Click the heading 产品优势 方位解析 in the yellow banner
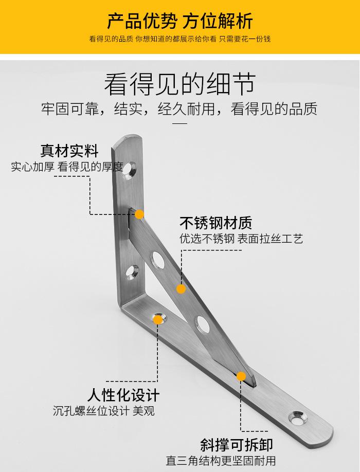pos(179,21)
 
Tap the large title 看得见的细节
pos(179,84)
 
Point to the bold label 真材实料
pos(69,151)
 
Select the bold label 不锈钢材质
pos(215,223)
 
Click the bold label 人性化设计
pos(123,395)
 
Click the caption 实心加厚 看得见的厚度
pos(67,167)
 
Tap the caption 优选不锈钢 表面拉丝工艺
pos(241,239)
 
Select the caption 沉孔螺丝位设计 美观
pos(103,411)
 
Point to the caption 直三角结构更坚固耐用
pos(221,460)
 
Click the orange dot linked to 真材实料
pos(139,214)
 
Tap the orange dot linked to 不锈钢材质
pos(181,289)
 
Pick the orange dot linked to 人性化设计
pos(158,319)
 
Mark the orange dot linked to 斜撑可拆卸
pos(241,376)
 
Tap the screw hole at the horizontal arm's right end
pos(297,417)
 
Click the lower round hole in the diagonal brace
pos(202,324)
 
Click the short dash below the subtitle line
pos(179,123)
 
